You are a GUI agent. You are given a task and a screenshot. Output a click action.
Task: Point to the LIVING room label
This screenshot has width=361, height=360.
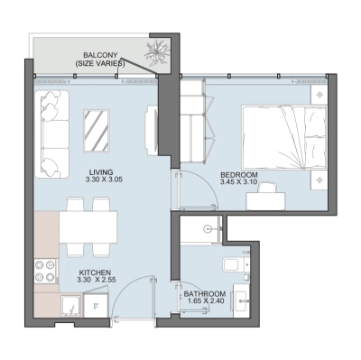(100, 171)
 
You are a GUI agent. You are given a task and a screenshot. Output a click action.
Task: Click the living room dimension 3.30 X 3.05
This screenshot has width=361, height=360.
(100, 180)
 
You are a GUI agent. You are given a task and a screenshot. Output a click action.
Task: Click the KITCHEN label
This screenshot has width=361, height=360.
(95, 272)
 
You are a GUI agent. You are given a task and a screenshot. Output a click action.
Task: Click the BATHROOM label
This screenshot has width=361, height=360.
(204, 294)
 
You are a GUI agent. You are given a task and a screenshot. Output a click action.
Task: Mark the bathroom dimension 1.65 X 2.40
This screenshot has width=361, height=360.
(204, 303)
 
